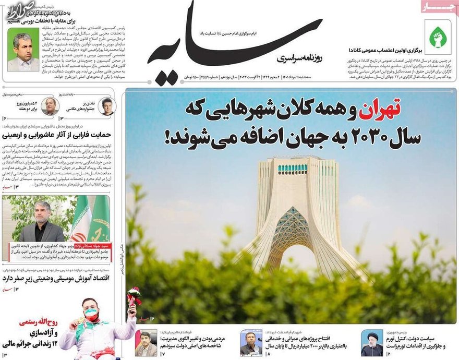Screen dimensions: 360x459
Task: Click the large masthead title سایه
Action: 235,39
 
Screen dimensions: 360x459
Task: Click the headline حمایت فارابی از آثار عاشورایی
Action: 57,134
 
